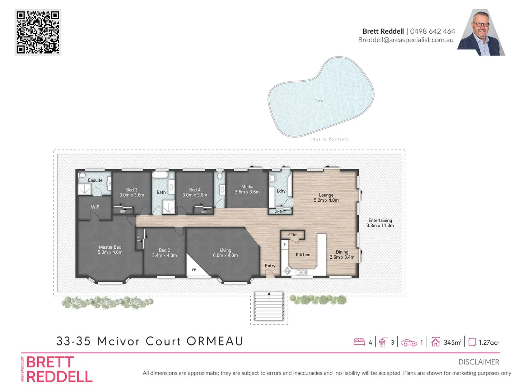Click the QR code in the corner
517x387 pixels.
tap(38, 32)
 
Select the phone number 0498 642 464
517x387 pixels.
tap(432, 31)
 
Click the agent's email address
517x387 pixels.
tap(406, 40)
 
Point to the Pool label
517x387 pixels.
tap(320, 101)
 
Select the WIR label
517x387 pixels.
tap(95, 207)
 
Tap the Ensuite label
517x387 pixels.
tap(95, 180)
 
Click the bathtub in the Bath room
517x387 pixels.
tap(160, 175)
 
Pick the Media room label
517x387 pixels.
tap(247, 187)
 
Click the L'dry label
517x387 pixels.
tap(281, 191)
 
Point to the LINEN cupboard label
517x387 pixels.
tap(279, 211)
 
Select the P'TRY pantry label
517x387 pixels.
tap(293, 235)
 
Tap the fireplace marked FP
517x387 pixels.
tap(194, 269)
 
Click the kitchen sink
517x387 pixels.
tap(302, 272)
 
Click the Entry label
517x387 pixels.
tap(270, 266)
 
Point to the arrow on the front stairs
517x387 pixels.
tap(269, 296)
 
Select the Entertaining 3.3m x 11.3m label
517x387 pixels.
tap(380, 223)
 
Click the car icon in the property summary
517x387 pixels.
tap(409, 343)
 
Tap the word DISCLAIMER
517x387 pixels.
tap(479, 362)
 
